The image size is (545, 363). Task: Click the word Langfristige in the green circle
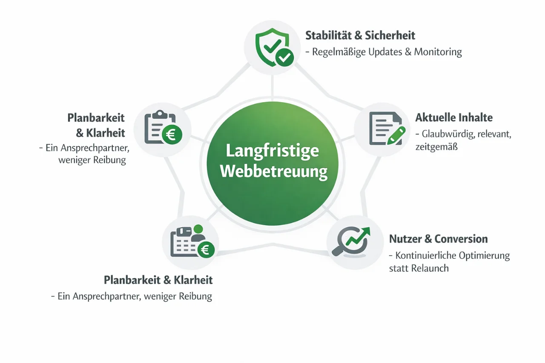[272, 151]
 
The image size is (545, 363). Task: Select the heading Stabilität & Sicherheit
[360, 35]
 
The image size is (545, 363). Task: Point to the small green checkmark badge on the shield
[284, 56]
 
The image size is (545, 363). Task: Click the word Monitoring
[438, 52]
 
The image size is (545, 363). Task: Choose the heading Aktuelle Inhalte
[454, 118]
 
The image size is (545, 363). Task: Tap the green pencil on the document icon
[396, 135]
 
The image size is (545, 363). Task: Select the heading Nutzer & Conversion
[439, 239]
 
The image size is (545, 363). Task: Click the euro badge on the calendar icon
[205, 250]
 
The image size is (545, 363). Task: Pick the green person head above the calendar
[198, 229]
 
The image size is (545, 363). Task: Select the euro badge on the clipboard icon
[172, 135]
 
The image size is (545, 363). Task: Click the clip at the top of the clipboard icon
[159, 114]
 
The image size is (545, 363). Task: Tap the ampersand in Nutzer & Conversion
[427, 239]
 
